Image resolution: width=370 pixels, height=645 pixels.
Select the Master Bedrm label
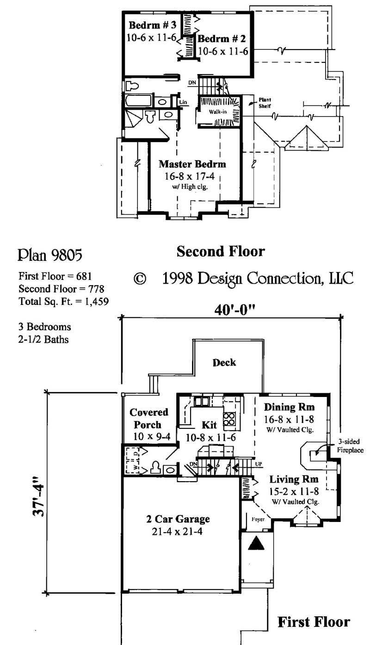(192, 164)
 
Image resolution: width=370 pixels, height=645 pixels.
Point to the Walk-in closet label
(217, 112)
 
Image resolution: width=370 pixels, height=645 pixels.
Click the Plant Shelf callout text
(265, 103)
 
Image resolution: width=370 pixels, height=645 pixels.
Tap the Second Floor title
(221, 251)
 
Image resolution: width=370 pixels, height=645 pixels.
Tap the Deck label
(224, 362)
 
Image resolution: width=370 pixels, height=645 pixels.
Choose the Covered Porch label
(148, 418)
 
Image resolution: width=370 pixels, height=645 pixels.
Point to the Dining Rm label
(289, 407)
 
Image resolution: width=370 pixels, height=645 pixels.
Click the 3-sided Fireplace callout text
(350, 446)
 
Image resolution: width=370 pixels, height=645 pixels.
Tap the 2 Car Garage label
(176, 519)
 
